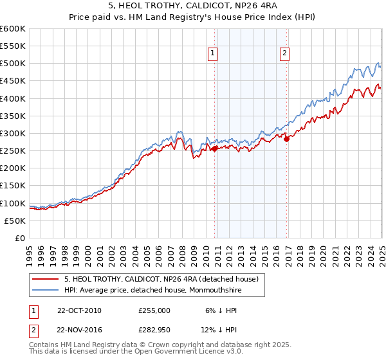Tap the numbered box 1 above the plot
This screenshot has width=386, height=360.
click(x=212, y=54)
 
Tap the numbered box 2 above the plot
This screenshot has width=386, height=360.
click(x=284, y=54)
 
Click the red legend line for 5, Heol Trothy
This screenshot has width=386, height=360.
click(x=46, y=279)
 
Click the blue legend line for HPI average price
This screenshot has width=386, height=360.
click(x=46, y=291)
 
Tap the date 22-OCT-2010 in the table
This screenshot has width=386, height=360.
click(x=78, y=310)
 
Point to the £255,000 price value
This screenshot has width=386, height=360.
click(x=154, y=310)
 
